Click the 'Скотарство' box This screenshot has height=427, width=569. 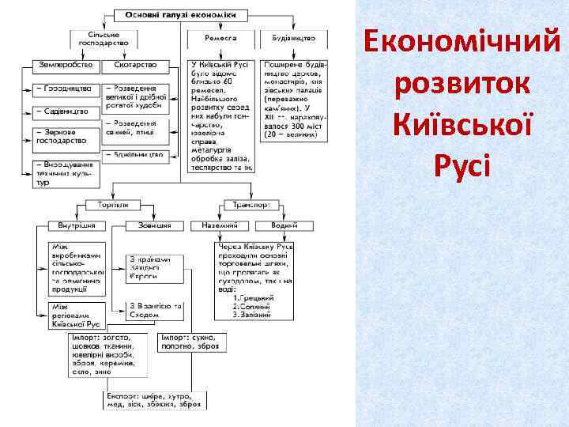(x=135, y=64)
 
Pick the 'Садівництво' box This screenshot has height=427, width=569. (x=65, y=111)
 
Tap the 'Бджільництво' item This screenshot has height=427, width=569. (x=139, y=154)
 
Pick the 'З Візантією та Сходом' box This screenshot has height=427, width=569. (x=155, y=309)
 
